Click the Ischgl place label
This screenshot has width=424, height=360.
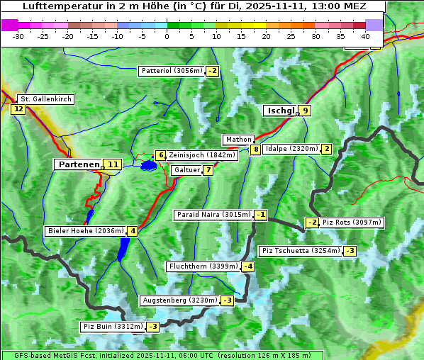point(280,111)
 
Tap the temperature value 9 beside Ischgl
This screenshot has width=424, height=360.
point(305,111)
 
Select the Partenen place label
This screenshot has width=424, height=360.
point(78,164)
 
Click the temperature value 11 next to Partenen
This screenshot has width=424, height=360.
point(113,164)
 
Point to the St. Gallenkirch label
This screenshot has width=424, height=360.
point(45,99)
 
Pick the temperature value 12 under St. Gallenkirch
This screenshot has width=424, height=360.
point(18,109)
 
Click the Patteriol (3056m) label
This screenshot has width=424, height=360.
point(172,71)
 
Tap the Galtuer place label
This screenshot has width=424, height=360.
point(186,170)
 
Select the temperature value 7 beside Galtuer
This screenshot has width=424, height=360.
point(208,170)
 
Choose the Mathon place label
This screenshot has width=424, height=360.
point(238,140)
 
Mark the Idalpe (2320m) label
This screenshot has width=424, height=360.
point(291,149)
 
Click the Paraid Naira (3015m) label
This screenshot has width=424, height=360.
point(213,215)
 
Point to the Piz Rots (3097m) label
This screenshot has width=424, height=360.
point(352,223)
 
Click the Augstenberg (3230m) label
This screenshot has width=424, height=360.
point(180,300)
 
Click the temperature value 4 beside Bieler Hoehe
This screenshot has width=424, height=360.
point(133,231)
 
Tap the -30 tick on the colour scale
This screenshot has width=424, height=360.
point(18,35)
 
